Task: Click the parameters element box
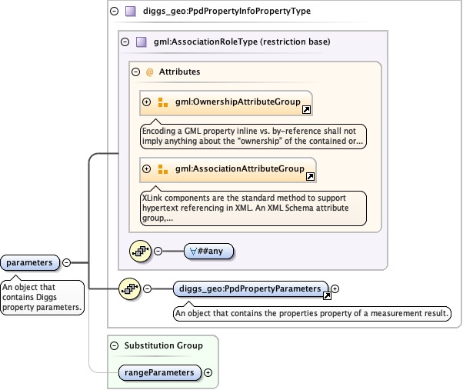pos(30,263)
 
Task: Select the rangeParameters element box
pos(159,372)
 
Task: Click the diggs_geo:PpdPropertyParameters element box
pos(250,288)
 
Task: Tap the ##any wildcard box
pos(208,250)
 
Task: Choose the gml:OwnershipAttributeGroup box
pos(225,102)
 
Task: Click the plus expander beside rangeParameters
pos(207,372)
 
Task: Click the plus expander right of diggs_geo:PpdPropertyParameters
pos(335,289)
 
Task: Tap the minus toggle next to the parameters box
pos(66,262)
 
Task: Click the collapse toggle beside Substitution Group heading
pos(115,345)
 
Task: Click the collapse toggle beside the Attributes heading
pos(136,72)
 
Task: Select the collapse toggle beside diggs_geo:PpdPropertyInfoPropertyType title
pos(115,12)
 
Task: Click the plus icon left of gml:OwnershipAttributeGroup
pos(146,102)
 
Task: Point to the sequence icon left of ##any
pos(139,250)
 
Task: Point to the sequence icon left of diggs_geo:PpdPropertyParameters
pos(128,289)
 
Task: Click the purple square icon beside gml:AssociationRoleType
pos(141,42)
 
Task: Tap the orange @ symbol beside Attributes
pos(149,72)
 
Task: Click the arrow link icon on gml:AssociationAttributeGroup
pos(310,176)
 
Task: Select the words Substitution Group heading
pos(163,345)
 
